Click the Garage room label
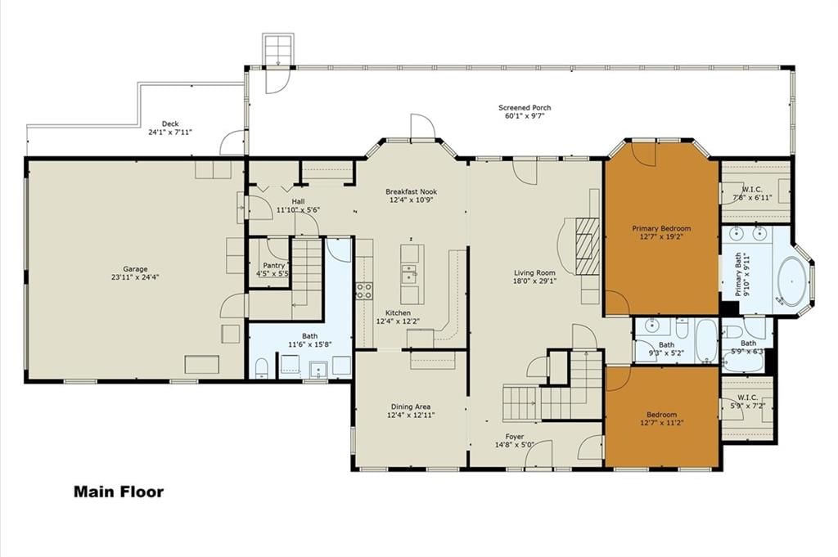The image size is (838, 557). coord(135,269)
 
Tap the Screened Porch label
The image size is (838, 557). coord(525,108)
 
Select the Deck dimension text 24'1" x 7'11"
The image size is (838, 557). coord(170,132)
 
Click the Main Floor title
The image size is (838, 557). coord(119,492)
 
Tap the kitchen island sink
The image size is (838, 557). coord(409,273)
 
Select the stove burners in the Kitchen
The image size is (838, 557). coord(364,291)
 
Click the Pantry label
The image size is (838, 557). coord(274,266)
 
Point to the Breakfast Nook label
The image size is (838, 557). coord(411,191)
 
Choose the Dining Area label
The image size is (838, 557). coord(411,407)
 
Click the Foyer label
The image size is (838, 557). coord(515,436)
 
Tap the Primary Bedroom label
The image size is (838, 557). coord(661,228)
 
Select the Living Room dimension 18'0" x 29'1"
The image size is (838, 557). coord(534,281)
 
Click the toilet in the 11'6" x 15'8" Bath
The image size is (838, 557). coord(261,367)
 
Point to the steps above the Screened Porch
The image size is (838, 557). coord(278,49)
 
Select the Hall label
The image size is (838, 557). coord(298,201)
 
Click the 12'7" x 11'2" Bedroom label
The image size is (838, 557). coord(661,415)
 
